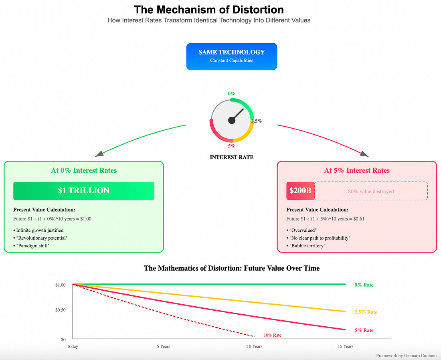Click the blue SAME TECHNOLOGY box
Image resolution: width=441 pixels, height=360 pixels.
[231, 57]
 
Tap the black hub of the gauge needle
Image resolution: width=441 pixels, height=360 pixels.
[231, 120]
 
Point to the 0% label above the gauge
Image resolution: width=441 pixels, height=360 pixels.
[231, 93]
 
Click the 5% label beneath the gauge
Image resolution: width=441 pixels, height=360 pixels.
[231, 146]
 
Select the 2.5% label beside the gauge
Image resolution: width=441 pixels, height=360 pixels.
[256, 121]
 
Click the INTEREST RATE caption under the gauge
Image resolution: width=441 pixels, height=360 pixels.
[231, 157]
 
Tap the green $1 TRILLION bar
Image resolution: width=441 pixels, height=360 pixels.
[84, 191]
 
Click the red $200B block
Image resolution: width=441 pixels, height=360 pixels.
[300, 191]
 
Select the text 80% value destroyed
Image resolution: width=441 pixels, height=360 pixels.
[371, 192]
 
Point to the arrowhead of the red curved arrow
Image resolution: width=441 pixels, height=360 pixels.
[364, 154]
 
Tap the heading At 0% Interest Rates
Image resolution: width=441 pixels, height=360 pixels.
[84, 170]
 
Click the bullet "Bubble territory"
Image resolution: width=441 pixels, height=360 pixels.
[306, 245]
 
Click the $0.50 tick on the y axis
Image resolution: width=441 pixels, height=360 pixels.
[61, 310]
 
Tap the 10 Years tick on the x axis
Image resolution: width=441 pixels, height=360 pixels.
[255, 346]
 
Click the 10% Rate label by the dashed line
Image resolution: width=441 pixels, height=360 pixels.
[273, 335]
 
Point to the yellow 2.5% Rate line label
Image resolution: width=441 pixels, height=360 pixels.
[366, 312]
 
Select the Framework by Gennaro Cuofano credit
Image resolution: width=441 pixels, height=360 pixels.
[407, 356]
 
